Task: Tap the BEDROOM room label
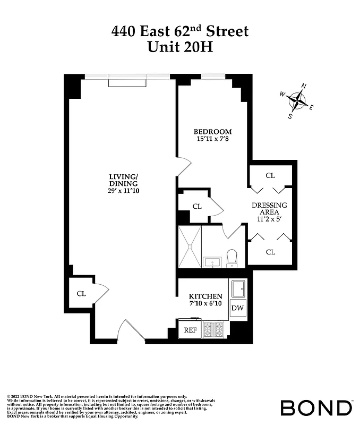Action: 212,132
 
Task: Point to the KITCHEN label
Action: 205,296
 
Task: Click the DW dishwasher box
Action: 237,307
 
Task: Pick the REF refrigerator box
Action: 190,330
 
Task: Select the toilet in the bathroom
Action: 232,258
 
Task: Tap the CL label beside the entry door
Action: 81,293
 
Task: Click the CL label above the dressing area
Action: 270,175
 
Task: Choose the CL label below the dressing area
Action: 270,252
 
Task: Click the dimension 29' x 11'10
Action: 123,191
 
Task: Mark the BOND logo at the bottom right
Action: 316,408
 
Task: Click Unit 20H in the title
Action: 179,47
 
